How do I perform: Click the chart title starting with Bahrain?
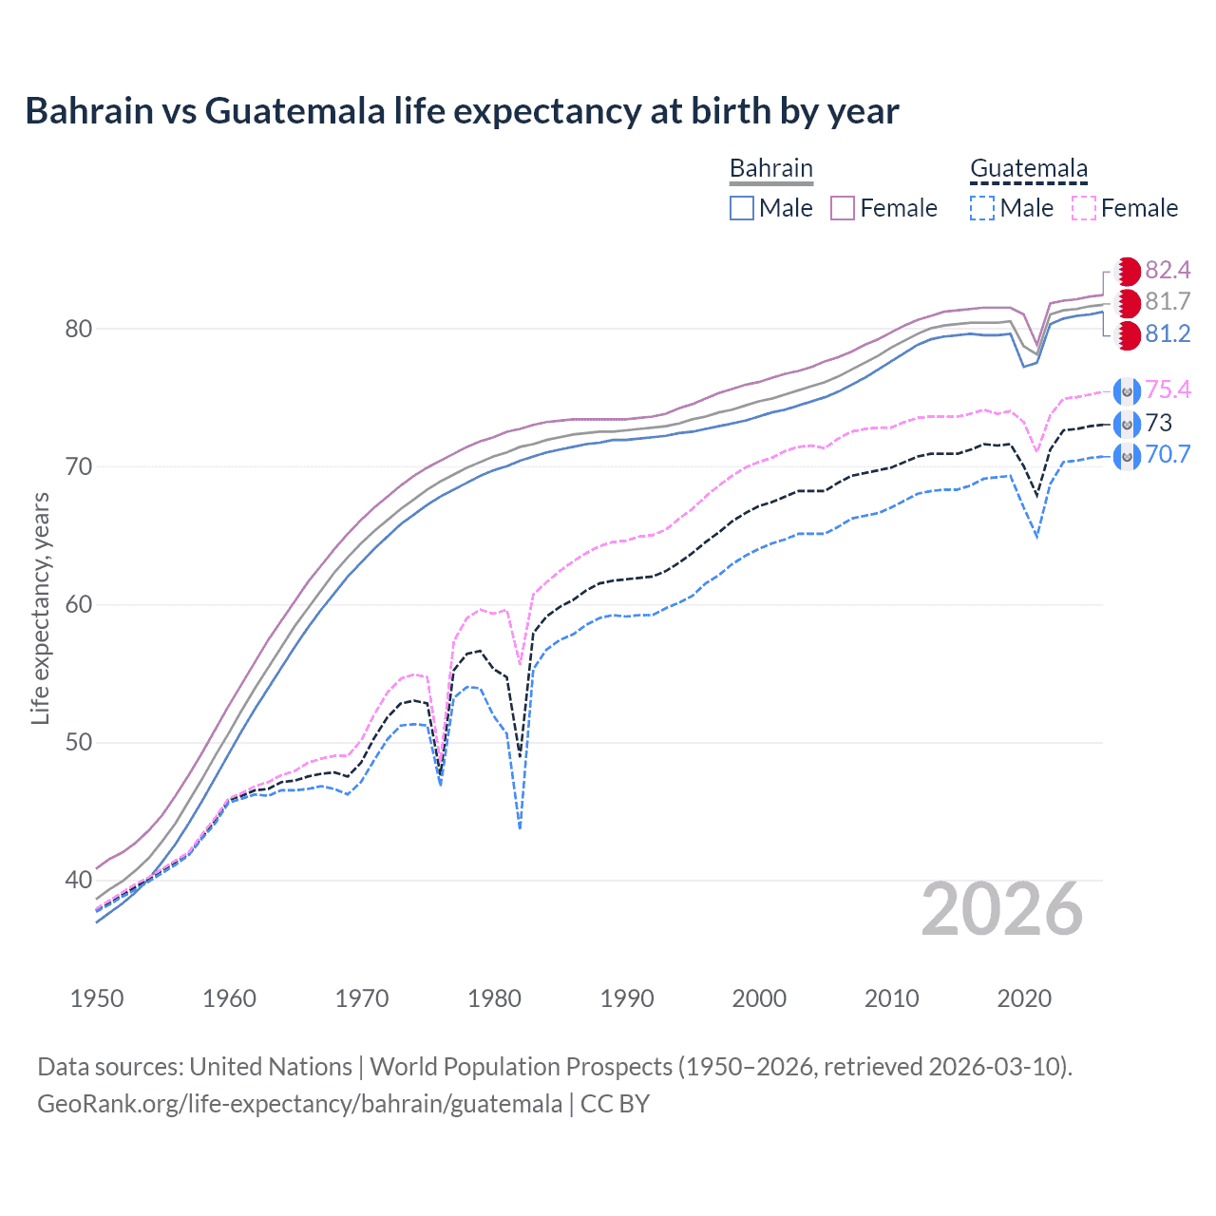click(x=462, y=111)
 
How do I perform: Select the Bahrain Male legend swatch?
click(x=742, y=208)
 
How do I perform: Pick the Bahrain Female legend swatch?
click(x=844, y=208)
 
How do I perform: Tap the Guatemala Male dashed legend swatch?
click(x=982, y=208)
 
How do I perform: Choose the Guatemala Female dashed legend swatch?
click(x=1084, y=208)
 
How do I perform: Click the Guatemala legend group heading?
click(x=1028, y=169)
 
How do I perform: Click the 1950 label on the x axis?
click(x=97, y=998)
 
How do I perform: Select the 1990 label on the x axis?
click(x=627, y=998)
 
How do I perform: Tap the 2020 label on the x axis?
click(x=1024, y=998)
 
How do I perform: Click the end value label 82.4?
click(x=1168, y=271)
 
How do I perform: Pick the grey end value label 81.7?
click(x=1168, y=302)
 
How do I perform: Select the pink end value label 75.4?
click(x=1168, y=389)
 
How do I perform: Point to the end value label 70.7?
click(x=1168, y=454)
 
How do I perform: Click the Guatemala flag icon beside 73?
click(x=1127, y=424)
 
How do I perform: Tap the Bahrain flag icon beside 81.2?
click(x=1127, y=334)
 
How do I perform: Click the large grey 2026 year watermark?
click(x=1001, y=909)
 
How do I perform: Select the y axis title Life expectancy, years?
click(x=41, y=608)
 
